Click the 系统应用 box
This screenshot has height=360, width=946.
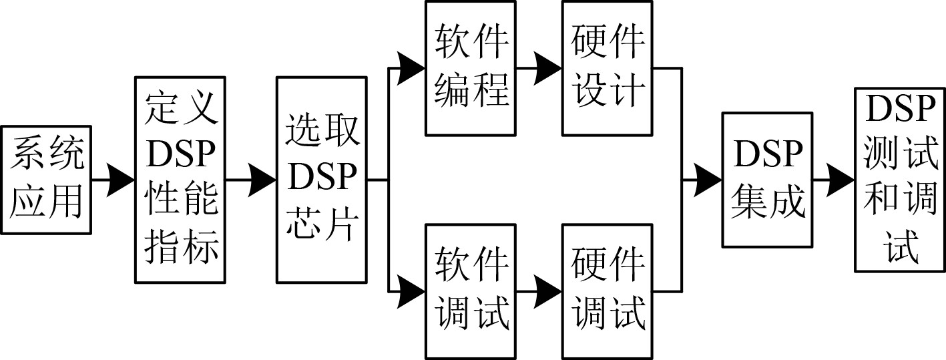(x=46, y=180)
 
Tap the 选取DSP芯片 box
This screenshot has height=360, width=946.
(x=321, y=180)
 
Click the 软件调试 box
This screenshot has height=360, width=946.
(x=471, y=292)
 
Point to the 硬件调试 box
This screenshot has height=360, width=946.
(x=607, y=292)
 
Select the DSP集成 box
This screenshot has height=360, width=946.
(x=766, y=180)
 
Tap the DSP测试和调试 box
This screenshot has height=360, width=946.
(x=900, y=180)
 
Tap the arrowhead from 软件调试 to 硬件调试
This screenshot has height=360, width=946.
(x=548, y=292)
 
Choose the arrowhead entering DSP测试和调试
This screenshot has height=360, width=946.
(x=842, y=180)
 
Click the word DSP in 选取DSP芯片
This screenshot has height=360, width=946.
(x=321, y=179)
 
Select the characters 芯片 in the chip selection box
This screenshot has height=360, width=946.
(x=321, y=227)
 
